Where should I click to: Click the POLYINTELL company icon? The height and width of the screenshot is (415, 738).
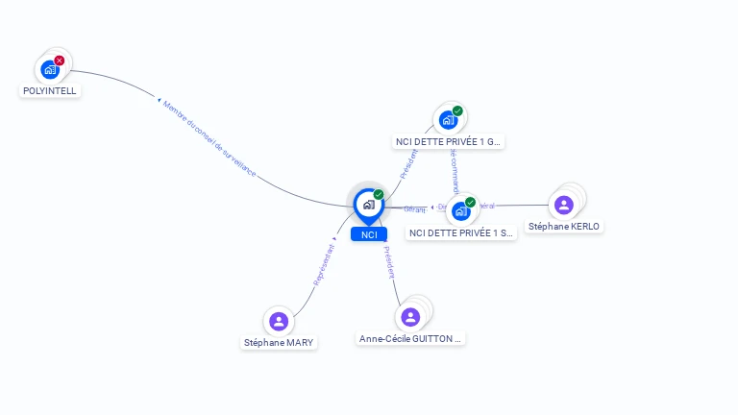(50, 69)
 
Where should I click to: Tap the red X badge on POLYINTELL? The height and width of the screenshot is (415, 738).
(60, 61)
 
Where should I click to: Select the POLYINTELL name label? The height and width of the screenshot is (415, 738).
(49, 90)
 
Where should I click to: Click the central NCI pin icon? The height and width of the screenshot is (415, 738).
(368, 205)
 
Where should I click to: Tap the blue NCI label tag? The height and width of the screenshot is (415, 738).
(368, 234)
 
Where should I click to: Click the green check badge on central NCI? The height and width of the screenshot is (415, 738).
(379, 194)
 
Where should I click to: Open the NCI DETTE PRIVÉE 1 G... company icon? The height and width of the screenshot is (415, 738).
(448, 120)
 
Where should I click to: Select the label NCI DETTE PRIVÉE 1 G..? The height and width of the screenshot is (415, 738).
(448, 142)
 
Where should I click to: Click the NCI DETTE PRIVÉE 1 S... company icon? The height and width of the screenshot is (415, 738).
(461, 211)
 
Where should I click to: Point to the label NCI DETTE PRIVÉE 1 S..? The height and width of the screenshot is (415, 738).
(460, 232)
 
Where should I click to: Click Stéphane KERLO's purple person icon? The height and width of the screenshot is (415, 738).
(564, 205)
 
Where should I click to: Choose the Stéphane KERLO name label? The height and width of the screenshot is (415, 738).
(564, 227)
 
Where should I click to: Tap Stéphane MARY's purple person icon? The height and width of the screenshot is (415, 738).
(279, 321)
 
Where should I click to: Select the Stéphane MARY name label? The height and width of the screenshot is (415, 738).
(279, 342)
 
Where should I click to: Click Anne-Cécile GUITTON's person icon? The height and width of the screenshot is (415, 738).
(410, 317)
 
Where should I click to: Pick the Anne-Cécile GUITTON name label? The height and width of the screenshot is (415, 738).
(411, 339)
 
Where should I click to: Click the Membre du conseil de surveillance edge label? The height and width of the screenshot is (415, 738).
(209, 139)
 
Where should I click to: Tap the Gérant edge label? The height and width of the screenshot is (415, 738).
(414, 208)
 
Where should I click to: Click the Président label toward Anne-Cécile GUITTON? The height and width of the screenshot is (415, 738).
(389, 260)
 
